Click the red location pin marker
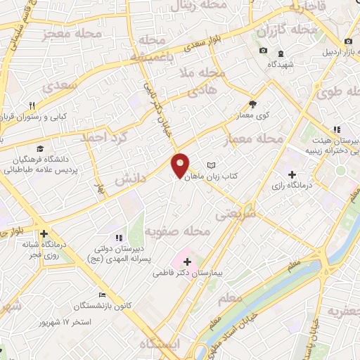point(181,164)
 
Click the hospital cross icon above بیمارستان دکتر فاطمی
point(186,262)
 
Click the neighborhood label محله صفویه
point(178,231)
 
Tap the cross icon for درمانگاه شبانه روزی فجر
point(44,234)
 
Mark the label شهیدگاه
point(280,64)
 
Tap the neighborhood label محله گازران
point(284,30)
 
